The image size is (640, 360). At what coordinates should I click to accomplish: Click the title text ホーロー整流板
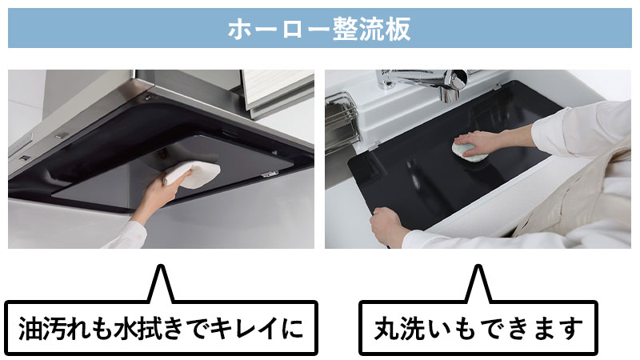coord(319,30)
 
